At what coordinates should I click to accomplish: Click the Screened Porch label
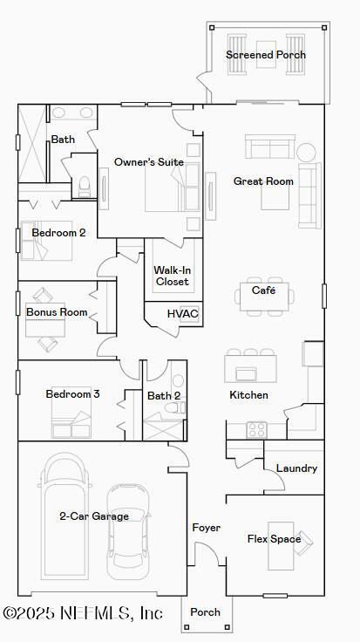click(266, 55)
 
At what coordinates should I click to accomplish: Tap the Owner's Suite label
click(148, 162)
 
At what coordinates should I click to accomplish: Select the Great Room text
click(263, 181)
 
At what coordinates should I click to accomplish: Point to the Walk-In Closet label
click(172, 276)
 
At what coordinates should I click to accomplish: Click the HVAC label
click(183, 314)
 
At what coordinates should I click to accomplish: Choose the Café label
click(264, 290)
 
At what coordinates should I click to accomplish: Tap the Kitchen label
click(248, 395)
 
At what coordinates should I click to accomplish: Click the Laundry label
click(296, 468)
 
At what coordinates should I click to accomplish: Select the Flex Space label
click(274, 539)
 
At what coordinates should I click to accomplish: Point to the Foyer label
click(207, 528)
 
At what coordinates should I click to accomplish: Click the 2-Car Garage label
click(94, 516)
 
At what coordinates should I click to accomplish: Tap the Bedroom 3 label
click(72, 394)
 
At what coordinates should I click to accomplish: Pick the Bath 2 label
click(164, 396)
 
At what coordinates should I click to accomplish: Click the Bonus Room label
click(57, 312)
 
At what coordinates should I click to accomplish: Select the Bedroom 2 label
click(58, 233)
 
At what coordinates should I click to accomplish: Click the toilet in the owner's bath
click(85, 186)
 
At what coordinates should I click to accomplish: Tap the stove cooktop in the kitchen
click(257, 429)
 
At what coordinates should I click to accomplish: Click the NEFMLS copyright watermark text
click(82, 613)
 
